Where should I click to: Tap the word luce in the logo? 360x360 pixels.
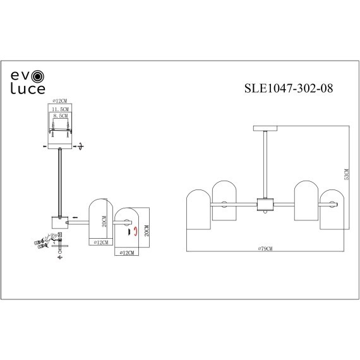pos(27,90)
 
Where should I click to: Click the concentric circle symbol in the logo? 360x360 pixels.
pos(39,76)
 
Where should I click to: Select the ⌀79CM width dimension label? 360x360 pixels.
pos(265,249)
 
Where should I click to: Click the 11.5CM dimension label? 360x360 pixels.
pos(62,109)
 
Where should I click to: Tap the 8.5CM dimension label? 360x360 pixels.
pos(62,116)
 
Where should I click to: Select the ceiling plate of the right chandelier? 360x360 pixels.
pos(265,128)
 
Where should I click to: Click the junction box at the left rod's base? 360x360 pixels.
pos(59,222)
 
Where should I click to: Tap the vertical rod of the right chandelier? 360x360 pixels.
pos(265,164)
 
